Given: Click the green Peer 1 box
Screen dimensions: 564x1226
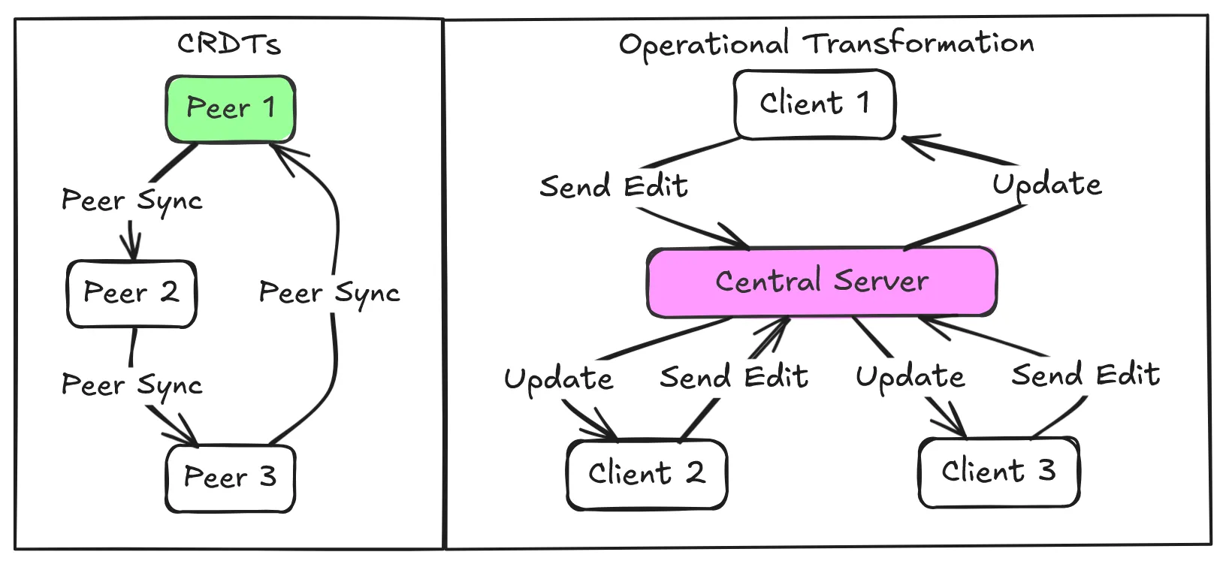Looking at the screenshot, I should [230, 109].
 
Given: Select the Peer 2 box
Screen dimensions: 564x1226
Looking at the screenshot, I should [131, 294].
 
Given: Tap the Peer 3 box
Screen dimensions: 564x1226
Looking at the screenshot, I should [230, 478].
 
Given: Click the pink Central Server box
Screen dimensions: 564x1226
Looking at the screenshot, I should [822, 282].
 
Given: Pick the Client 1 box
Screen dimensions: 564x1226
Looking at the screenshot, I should [814, 104].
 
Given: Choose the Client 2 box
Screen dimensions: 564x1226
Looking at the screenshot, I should [647, 474].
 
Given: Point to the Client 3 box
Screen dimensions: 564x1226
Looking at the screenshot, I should [998, 472].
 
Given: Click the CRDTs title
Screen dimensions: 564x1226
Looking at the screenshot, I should [229, 44].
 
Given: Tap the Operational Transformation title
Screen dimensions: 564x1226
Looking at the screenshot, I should [826, 44].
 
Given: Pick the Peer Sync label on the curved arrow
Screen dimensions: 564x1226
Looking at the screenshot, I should [329, 293].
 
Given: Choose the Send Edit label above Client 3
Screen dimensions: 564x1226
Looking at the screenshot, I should [1086, 375].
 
